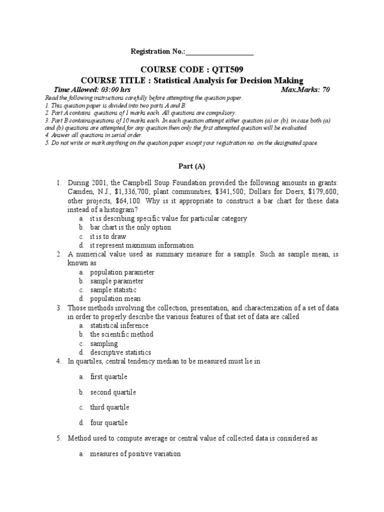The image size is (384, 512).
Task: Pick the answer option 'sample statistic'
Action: coord(113,290)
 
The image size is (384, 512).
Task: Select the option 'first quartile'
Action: coord(109,376)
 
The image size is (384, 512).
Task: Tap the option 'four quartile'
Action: coord(109,422)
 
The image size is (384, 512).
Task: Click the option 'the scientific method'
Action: coord(121,334)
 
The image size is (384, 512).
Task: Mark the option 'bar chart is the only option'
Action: coord(130,227)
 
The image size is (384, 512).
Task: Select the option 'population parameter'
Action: coord(122,272)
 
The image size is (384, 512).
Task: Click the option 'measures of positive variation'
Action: coord(135,454)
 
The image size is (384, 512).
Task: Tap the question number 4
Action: coord(58,361)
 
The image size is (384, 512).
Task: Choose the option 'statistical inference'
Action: coord(119,325)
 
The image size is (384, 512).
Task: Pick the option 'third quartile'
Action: coord(109,407)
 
